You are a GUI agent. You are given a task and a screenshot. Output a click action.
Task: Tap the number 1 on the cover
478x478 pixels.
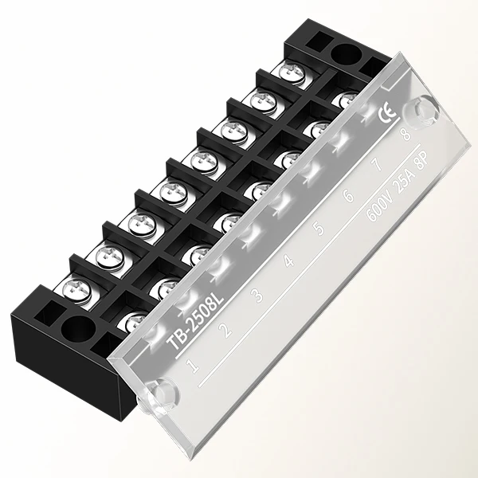(191, 366)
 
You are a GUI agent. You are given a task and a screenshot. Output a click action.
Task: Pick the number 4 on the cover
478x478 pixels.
(288, 262)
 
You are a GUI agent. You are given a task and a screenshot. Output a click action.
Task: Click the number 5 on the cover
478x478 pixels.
(319, 229)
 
